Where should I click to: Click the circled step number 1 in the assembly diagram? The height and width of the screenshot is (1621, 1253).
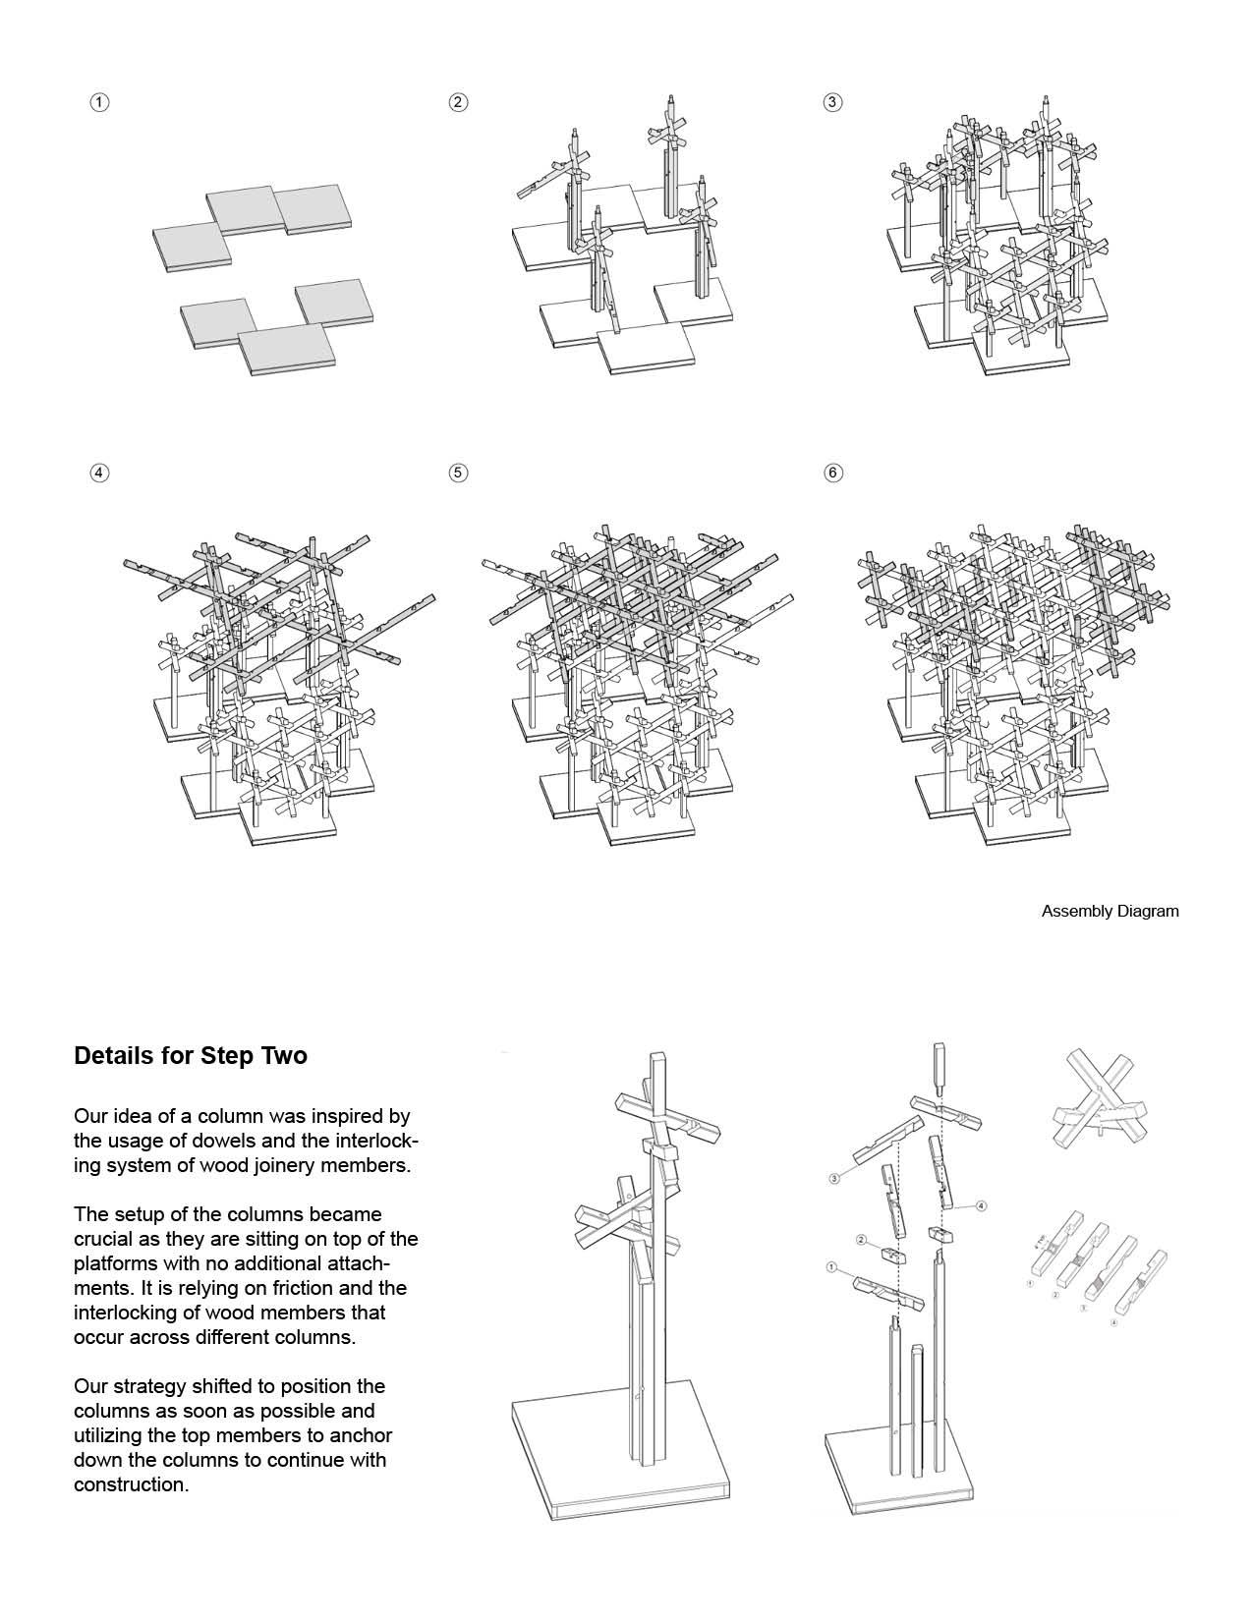click(98, 102)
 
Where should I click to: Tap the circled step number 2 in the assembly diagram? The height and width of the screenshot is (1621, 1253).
click(458, 102)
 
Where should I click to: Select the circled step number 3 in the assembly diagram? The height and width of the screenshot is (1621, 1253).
click(832, 102)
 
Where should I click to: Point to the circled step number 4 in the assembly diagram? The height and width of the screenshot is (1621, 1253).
click(98, 473)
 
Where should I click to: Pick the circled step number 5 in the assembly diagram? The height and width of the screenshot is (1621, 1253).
click(458, 473)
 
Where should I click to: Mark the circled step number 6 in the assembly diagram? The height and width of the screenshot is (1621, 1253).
click(832, 473)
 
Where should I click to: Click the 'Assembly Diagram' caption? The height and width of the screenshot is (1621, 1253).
click(1110, 911)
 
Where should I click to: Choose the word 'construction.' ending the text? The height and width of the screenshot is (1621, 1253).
click(131, 1484)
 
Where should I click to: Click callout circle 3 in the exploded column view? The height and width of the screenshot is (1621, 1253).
click(835, 1178)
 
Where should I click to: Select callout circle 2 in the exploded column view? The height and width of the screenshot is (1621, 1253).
click(861, 1240)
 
